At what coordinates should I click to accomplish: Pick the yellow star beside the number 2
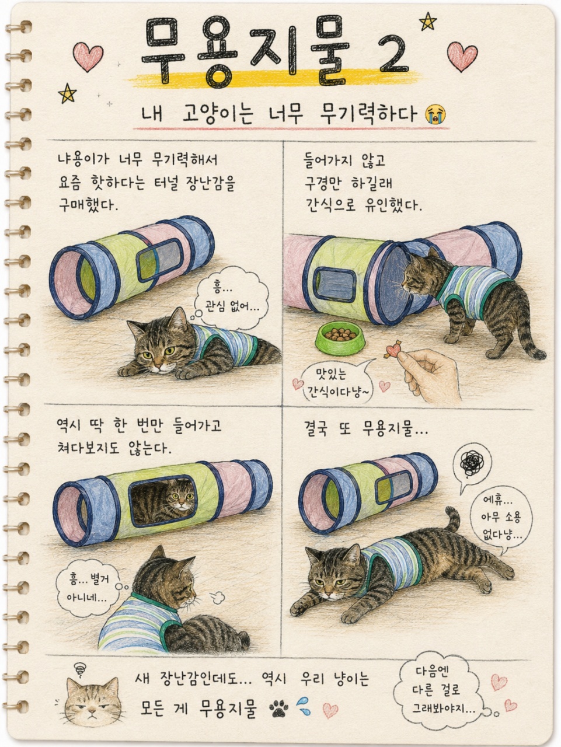[x=428, y=22]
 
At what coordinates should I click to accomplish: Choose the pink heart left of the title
[x=88, y=57]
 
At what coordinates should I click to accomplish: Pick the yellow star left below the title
[x=67, y=93]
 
